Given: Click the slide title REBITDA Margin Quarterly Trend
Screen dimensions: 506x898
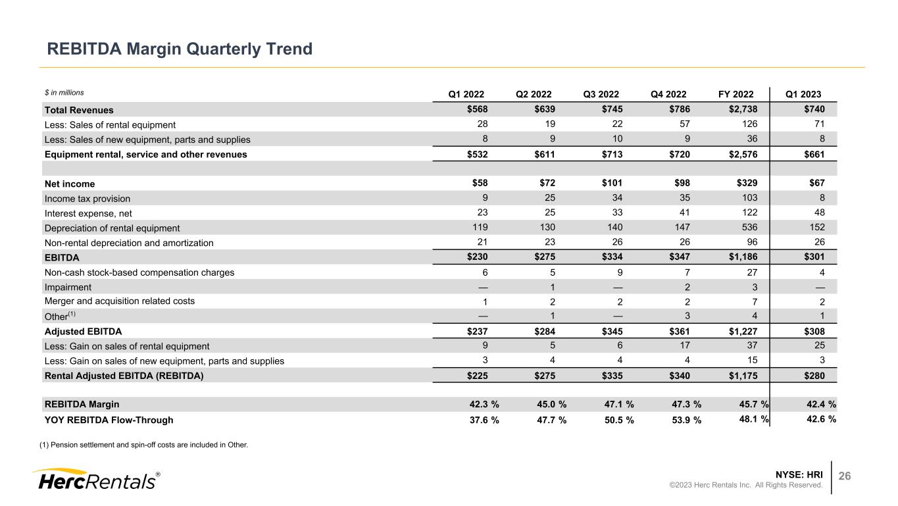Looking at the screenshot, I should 178,49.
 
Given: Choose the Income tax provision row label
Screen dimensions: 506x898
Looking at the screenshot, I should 87,199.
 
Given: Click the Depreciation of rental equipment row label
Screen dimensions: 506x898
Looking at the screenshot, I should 112,228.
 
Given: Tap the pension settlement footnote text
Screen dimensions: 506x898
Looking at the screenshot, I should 143,445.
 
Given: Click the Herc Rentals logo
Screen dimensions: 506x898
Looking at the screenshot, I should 96,479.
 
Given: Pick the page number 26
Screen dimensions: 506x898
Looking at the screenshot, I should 843,476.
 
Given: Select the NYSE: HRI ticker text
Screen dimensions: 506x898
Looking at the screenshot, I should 799,474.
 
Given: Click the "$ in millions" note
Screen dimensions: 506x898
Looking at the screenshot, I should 64,93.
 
